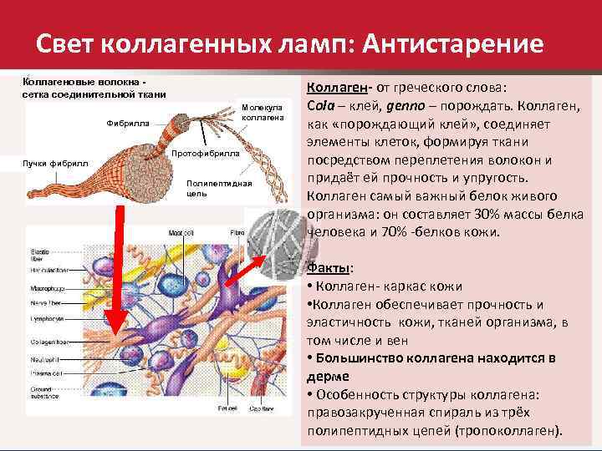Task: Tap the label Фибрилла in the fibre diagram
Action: [128, 124]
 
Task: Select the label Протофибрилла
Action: [205, 155]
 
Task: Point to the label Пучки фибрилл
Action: [49, 163]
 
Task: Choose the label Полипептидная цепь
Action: [219, 187]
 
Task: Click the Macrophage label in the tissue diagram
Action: [43, 288]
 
